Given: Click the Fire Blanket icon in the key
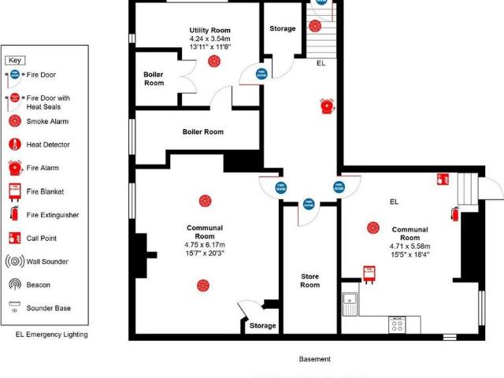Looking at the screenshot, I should [x=14, y=191].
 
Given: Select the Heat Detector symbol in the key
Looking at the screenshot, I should [x=14, y=145].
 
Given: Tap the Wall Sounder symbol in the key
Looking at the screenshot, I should [x=14, y=261].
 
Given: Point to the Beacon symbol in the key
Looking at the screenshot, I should [x=14, y=284].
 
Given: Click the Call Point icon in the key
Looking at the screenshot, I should [x=14, y=238].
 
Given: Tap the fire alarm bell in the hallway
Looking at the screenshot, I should [x=328, y=106].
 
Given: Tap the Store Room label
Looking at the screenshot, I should [x=310, y=280].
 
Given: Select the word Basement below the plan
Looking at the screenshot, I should [x=315, y=359].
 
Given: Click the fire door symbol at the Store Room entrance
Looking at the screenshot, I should [x=309, y=203].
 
